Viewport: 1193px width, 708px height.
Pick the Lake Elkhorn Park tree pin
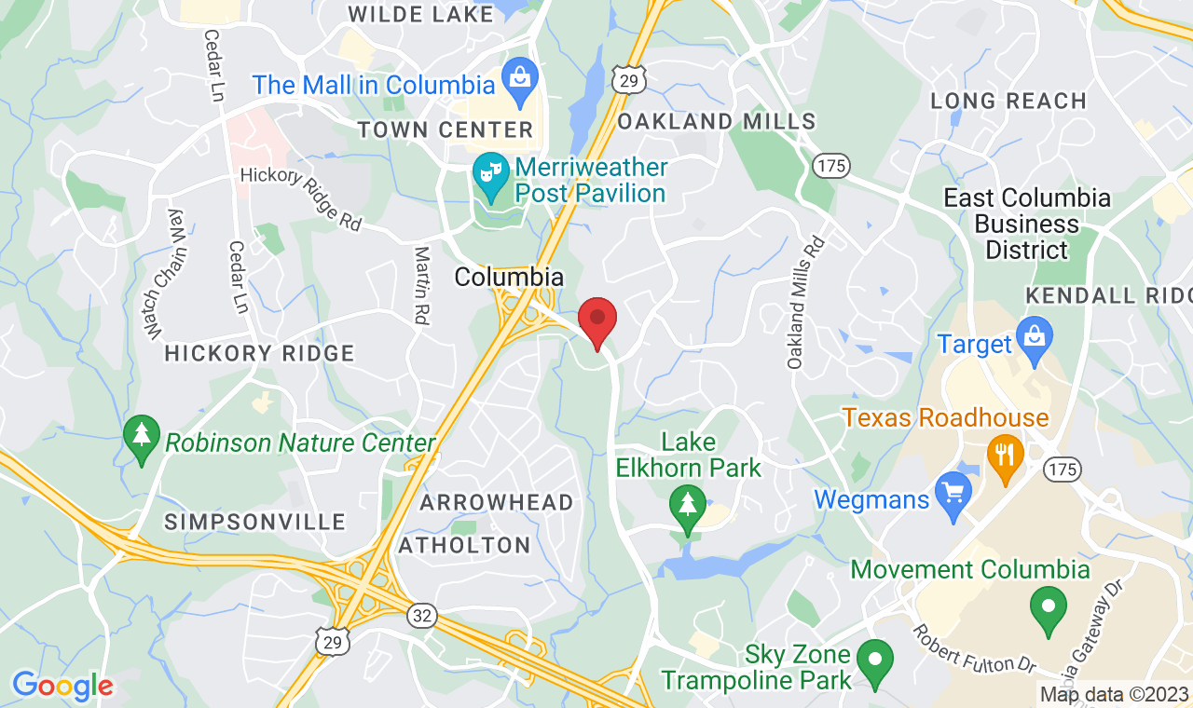[x=688, y=510]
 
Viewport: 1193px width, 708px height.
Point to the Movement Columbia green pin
[x=1049, y=610]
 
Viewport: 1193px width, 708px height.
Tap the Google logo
[x=62, y=687]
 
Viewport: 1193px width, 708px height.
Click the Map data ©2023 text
[x=1115, y=694]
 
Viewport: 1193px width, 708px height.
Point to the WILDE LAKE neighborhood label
[x=420, y=14]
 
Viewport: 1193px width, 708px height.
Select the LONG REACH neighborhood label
[x=1008, y=101]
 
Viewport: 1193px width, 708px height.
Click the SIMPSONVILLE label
[x=255, y=522]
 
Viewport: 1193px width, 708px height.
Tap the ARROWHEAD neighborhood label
[x=497, y=502]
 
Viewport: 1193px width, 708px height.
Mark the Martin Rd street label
[x=422, y=285]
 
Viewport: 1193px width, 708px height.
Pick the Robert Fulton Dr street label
[x=974, y=649]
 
